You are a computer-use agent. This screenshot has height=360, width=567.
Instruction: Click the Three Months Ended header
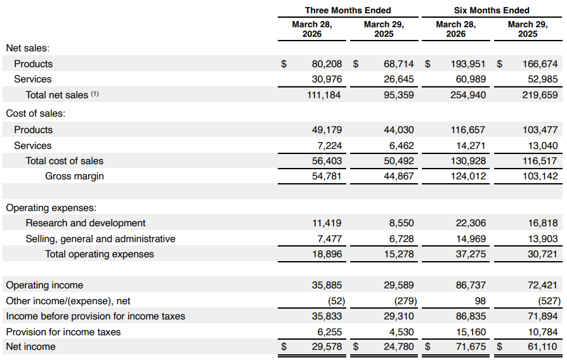click(348, 10)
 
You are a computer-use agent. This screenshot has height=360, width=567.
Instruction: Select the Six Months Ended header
click(492, 10)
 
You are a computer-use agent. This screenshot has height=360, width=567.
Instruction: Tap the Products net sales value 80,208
click(327, 64)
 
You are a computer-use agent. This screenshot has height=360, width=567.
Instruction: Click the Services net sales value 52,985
click(542, 79)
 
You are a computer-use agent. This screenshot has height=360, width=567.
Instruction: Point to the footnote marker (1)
click(94, 94)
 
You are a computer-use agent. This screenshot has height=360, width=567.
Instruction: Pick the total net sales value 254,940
click(468, 95)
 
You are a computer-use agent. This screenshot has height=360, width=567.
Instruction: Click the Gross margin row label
click(74, 176)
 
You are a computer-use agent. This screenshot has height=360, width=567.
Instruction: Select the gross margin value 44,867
click(398, 176)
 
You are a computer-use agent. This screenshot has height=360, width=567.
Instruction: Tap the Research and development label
click(86, 223)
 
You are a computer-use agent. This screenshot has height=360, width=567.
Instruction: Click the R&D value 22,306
click(471, 223)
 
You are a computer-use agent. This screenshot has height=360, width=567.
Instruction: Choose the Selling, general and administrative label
click(100, 239)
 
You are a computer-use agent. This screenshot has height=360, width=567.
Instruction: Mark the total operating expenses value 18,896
click(327, 254)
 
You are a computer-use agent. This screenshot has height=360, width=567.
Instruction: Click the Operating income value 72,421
click(542, 285)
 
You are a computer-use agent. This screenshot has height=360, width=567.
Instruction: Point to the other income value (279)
click(405, 300)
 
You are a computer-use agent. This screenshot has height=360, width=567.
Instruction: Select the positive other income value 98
click(480, 300)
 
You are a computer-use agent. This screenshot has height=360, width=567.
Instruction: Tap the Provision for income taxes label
click(63, 332)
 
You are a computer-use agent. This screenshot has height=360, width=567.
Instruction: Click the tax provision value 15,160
click(471, 332)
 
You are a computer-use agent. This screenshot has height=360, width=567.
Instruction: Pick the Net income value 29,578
click(327, 347)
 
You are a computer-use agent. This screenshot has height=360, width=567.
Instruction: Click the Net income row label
click(30, 347)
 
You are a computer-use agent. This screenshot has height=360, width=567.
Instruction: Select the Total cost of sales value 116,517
click(540, 161)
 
